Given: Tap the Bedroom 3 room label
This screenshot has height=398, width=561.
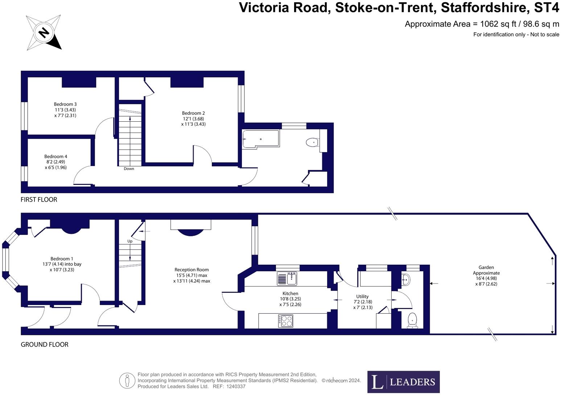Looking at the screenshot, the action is tap(65, 110).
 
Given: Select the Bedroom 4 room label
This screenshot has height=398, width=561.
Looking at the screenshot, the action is tap(56, 162).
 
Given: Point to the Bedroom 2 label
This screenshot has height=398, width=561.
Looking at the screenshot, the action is tap(193, 119).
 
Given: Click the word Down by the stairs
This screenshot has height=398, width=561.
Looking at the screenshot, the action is tap(129, 169).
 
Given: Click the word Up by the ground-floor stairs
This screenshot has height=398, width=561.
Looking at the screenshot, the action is tap(130, 241).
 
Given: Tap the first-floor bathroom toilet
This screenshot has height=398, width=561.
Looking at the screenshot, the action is tap(313, 142).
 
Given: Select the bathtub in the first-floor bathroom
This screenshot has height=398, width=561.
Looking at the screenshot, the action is tap(261, 139).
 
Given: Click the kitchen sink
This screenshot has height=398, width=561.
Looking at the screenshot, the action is tap(287, 279).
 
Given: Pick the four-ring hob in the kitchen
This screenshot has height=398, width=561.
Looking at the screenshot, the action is tap(285, 321).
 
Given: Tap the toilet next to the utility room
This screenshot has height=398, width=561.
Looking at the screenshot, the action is tap(412, 321).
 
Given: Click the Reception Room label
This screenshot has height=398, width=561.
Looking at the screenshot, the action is tap(191, 275).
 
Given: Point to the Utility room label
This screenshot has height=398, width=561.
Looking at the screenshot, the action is tap(363, 302).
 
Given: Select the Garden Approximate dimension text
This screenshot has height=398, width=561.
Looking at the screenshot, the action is tap(486, 276).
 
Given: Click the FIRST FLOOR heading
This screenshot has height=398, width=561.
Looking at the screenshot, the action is tap(39, 200).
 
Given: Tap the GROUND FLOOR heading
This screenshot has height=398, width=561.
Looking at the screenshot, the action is tap(45, 345).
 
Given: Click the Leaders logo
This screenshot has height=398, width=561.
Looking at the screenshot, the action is tap(404, 382).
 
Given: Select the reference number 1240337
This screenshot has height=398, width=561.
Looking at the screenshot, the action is tap(236, 386).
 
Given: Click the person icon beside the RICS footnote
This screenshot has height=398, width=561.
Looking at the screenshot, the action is tap(127, 381).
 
